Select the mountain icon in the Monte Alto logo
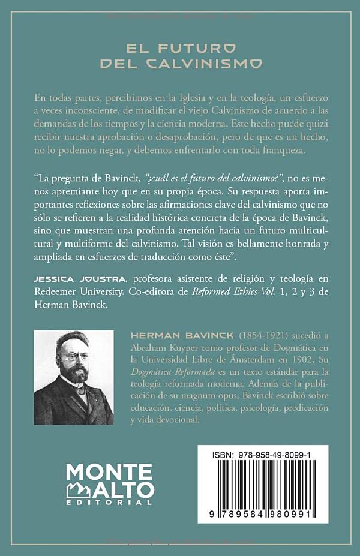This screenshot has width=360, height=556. coord(78,489)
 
